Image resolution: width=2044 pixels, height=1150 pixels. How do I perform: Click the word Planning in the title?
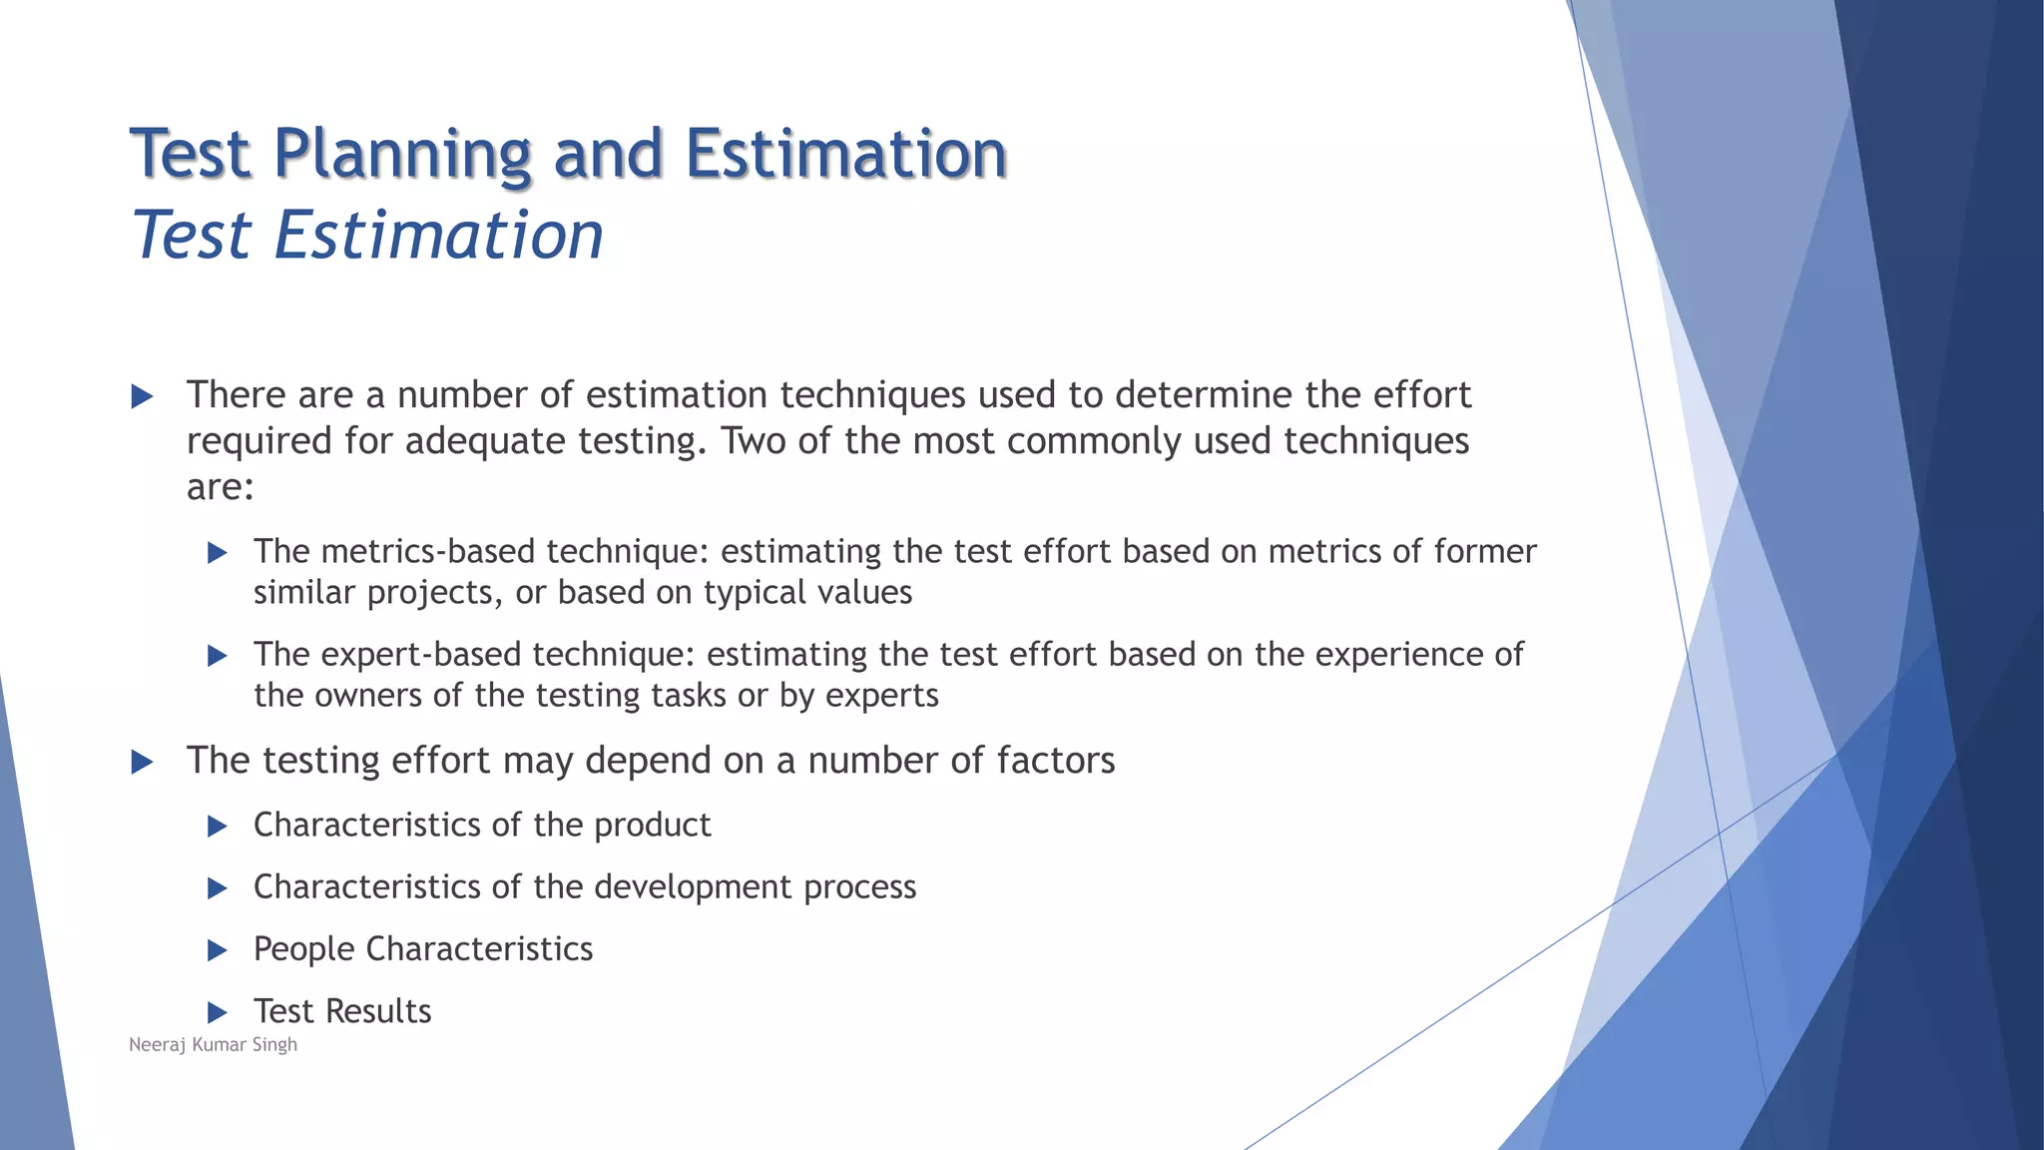coord(401,154)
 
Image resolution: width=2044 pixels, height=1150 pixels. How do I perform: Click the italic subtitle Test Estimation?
coord(367,236)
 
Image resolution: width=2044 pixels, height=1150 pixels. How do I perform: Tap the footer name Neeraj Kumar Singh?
coord(213,1044)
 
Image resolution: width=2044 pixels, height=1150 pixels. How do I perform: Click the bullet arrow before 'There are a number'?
coord(143,397)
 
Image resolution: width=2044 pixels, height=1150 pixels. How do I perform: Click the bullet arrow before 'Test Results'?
coord(218,1013)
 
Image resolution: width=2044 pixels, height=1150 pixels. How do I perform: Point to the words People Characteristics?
coord(422,948)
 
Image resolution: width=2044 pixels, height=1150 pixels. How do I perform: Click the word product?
coord(652,825)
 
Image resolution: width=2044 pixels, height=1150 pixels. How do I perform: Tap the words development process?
coord(754,886)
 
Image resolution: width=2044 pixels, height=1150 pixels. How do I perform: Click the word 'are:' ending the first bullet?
coord(220,487)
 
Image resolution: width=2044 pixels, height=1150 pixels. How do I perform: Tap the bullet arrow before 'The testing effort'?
coord(143,763)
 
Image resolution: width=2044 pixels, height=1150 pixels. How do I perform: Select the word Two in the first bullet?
coord(753,440)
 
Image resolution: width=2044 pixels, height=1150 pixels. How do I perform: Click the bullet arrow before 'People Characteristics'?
coord(218,950)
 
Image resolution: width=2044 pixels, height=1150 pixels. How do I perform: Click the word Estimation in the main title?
coord(845,154)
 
